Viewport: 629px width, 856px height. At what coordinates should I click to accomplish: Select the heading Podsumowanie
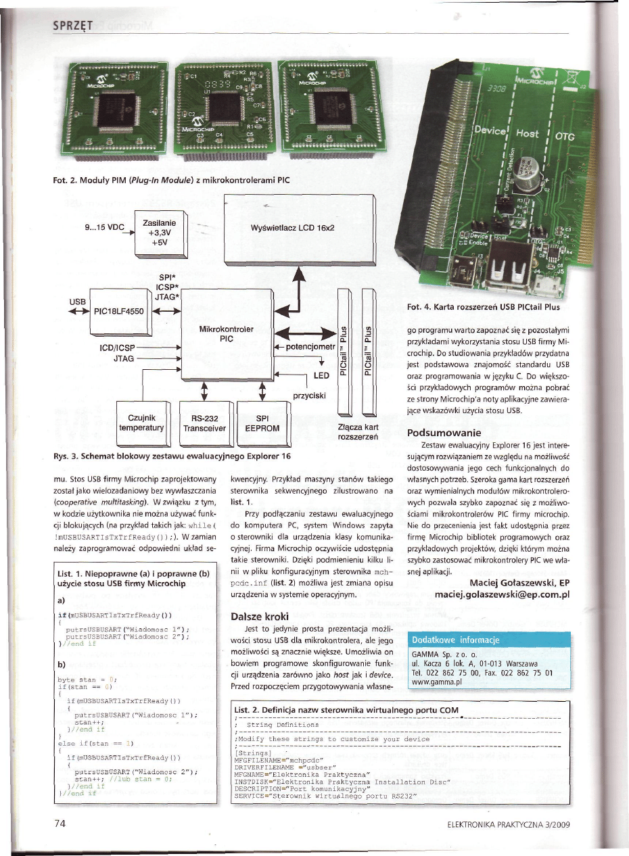tap(442, 432)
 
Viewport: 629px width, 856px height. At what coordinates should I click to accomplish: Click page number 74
tap(58, 824)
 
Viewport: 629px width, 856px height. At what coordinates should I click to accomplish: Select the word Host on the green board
tap(528, 134)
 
